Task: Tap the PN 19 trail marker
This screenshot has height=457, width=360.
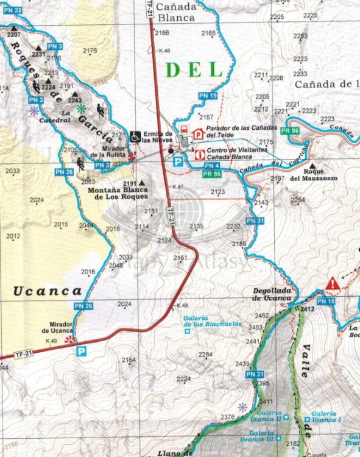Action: click(x=208, y=96)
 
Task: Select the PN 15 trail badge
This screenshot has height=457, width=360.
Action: click(x=326, y=302)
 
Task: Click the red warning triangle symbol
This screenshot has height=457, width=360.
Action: click(x=333, y=284)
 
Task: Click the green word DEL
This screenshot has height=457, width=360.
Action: click(x=194, y=70)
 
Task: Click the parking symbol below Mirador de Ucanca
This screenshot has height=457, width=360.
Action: click(x=81, y=351)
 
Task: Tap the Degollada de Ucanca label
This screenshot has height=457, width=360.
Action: click(x=274, y=294)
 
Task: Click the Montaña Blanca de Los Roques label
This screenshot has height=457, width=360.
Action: click(x=118, y=193)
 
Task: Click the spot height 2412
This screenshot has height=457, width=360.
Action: click(x=306, y=310)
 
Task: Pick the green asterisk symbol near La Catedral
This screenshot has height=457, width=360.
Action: click(x=81, y=108)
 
